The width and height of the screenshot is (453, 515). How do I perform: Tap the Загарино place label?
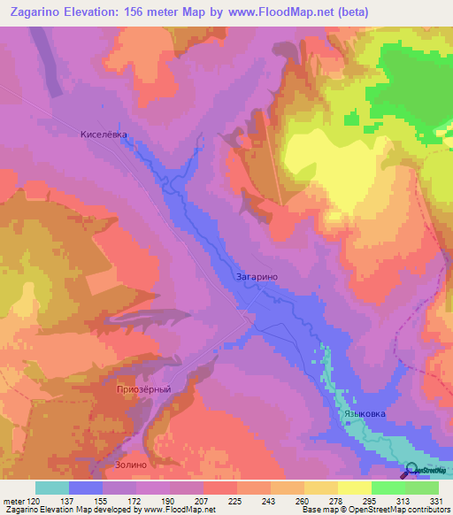coord(257,277)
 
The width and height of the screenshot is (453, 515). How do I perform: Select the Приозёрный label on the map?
coord(142,388)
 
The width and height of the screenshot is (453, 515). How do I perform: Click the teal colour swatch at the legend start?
coord(52,488)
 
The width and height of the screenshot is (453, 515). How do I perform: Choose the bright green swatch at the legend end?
coord(422,488)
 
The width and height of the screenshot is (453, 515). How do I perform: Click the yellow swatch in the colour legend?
coord(355,488)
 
